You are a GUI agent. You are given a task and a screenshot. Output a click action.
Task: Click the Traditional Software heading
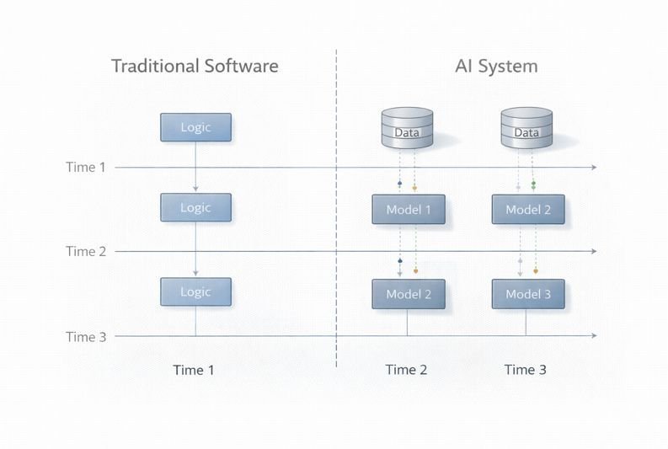point(195,67)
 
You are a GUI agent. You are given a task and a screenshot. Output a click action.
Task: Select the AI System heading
point(495,67)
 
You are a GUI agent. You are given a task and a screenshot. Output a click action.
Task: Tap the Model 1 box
point(409,210)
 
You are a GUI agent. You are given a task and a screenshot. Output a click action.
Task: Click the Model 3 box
point(528,294)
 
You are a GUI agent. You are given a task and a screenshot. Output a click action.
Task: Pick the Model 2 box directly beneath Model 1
point(409,294)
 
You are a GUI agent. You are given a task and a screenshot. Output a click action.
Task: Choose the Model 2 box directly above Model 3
point(528,210)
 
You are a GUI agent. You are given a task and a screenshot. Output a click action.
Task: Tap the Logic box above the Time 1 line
point(195,127)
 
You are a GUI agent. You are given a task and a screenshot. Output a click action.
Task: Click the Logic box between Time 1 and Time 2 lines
point(195,207)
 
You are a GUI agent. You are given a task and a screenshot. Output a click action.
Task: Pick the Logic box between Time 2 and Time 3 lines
point(195,291)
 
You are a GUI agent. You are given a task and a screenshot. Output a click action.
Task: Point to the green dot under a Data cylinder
point(533,183)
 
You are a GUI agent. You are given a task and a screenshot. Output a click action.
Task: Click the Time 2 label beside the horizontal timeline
point(86,251)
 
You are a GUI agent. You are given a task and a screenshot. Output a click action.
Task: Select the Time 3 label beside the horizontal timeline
point(86,337)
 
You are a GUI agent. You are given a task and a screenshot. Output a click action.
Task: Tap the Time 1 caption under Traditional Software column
point(194,370)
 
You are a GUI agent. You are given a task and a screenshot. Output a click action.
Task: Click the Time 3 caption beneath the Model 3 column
point(526,370)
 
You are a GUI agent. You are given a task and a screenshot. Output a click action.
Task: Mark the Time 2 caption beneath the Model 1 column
point(407,370)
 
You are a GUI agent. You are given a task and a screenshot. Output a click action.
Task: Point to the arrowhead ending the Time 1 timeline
point(594,168)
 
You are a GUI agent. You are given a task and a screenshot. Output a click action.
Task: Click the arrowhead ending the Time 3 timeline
point(594,336)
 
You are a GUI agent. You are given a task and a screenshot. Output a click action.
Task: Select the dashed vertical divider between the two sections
point(336,211)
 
